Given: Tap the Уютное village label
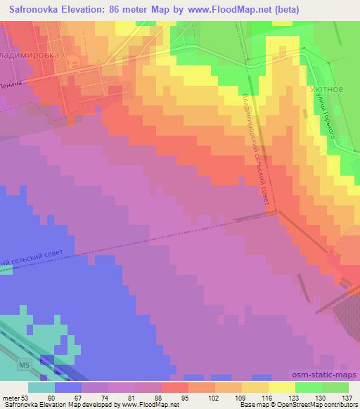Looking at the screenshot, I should [326, 90].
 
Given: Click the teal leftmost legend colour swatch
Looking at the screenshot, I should [41, 387].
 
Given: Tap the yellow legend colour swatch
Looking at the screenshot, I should [281, 387].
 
